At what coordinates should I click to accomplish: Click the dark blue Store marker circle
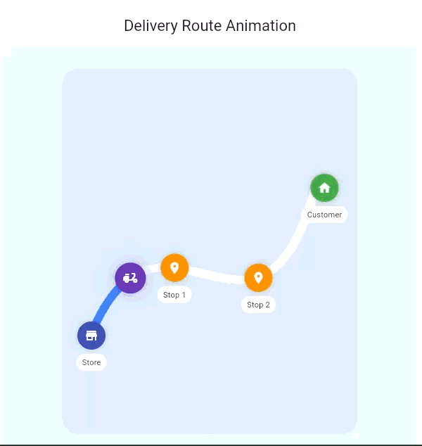91,336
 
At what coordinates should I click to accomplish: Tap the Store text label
91,362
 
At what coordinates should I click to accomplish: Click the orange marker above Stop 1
174,268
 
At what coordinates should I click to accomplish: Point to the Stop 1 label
174,295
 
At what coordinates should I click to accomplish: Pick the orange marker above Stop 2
258,278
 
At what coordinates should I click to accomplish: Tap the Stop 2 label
258,305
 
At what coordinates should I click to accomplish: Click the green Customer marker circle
324,188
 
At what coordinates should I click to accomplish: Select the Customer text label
324,215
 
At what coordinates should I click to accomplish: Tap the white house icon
324,188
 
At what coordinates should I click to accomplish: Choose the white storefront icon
91,336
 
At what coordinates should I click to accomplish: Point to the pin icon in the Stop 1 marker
174,267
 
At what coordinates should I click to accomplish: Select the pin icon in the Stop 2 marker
258,277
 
